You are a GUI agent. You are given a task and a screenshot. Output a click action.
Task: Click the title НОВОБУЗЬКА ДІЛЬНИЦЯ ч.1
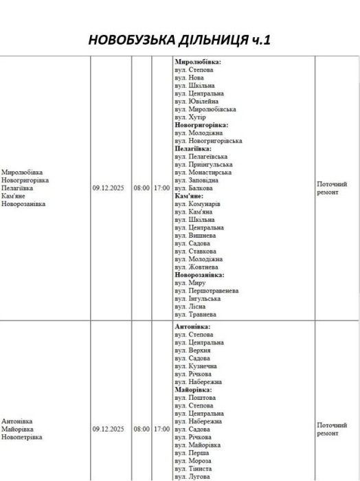pyautogui.click(x=180, y=40)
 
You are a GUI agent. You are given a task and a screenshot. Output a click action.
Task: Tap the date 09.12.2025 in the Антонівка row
pyautogui.click(x=109, y=429)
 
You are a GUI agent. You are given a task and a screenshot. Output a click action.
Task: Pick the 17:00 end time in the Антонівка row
pyautogui.click(x=161, y=429)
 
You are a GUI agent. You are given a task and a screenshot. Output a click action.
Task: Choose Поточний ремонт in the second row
pyautogui.click(x=331, y=429)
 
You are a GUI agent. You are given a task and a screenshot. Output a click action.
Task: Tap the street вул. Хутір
pyautogui.click(x=190, y=117)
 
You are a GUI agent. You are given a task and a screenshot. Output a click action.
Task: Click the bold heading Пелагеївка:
pyautogui.click(x=192, y=148)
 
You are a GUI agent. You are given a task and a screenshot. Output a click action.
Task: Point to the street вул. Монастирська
pyautogui.click(x=203, y=172)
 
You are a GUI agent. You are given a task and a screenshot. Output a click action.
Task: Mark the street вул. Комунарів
pyautogui.click(x=198, y=204)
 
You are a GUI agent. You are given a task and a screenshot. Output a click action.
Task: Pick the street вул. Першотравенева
pyautogui.click(x=207, y=291)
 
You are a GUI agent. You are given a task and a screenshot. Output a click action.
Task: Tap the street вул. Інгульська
pyautogui.click(x=199, y=299)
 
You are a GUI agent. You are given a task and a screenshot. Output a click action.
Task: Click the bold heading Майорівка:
pyautogui.click(x=193, y=390)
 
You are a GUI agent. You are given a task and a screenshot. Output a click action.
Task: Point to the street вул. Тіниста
pyautogui.click(x=194, y=469)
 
